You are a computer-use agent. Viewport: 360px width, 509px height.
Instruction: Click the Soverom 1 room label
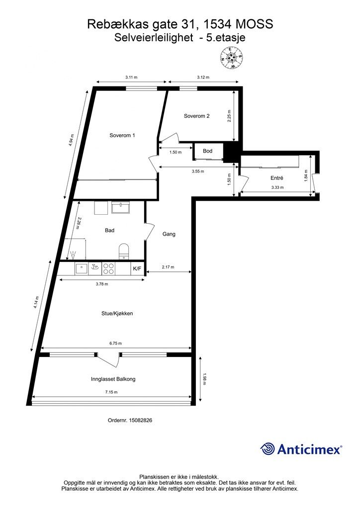[122, 135]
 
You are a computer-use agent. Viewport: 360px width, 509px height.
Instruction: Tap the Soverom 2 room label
[197, 116]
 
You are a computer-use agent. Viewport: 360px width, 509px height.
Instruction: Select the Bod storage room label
[208, 151]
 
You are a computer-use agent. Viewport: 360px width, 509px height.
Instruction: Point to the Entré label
[277, 178]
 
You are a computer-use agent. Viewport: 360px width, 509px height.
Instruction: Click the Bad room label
[109, 231]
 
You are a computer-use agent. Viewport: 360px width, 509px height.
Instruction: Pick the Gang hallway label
[169, 234]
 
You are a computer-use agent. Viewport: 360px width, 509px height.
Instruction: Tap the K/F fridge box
[137, 268]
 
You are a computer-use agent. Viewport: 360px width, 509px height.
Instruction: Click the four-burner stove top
[108, 269]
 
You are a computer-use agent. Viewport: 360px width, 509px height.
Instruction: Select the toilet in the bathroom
[124, 252]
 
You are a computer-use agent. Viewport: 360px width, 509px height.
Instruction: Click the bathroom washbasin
[120, 207]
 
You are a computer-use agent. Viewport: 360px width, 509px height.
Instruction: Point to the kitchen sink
[81, 269]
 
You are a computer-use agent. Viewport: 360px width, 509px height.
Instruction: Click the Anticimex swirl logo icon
[268, 449]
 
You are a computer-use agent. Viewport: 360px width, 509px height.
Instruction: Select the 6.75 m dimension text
[115, 343]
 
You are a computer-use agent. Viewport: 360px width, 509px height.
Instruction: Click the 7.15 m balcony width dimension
[111, 392]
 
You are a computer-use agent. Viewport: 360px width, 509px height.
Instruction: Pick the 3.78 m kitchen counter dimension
[102, 284]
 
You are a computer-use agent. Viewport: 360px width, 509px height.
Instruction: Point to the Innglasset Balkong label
[113, 379]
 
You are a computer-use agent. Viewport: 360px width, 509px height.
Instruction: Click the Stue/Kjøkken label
[117, 314]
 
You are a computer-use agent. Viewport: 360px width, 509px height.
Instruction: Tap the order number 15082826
[141, 420]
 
